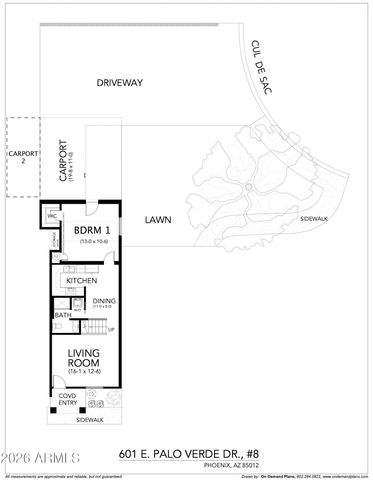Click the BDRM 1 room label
click(x=92, y=231)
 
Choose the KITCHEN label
click(x=82, y=281)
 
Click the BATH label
click(x=63, y=316)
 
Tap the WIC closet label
click(x=51, y=215)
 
